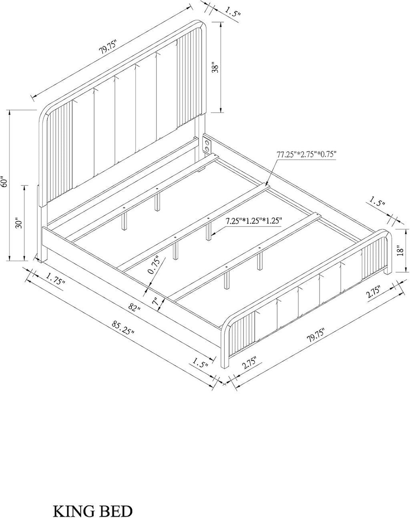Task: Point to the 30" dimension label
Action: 19,223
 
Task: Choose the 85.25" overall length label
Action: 123,327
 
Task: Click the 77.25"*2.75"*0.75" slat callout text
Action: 306,154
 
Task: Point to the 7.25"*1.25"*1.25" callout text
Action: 253,221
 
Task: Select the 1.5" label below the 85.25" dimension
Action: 200,363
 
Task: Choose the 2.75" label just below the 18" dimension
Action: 374,292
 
